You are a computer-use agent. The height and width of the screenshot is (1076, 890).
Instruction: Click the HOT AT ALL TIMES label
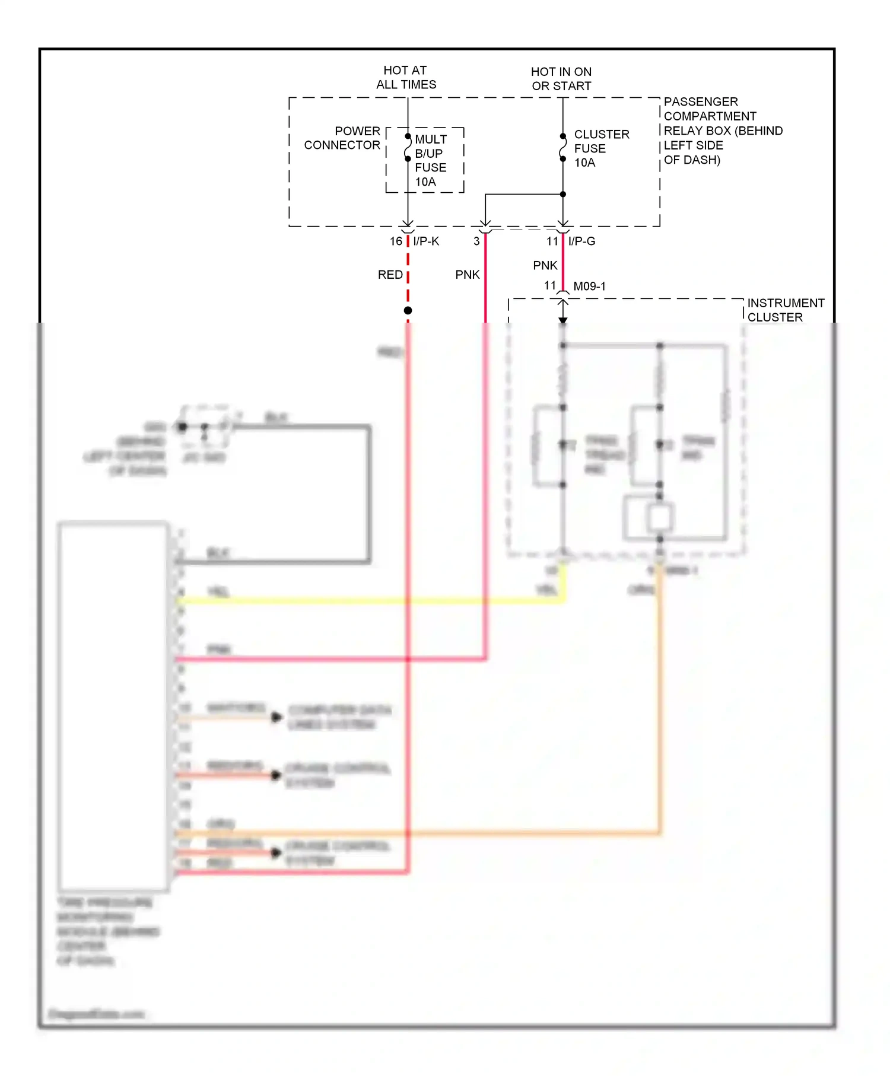(406, 78)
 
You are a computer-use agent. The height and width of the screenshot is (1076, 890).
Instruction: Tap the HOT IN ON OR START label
(561, 79)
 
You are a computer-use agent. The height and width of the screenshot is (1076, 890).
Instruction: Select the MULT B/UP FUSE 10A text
(430, 160)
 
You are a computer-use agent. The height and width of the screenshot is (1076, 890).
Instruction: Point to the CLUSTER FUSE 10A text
(600, 148)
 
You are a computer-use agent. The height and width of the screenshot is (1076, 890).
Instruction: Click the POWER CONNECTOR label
(342, 138)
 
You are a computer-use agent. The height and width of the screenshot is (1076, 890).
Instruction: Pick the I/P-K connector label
(426, 241)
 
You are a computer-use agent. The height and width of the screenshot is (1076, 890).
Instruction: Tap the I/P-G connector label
(581, 241)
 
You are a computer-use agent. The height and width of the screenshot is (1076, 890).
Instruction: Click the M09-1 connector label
(589, 286)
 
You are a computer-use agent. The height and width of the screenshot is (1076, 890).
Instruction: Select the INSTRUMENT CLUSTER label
(785, 310)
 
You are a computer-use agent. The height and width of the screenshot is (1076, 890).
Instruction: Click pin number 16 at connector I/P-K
(396, 241)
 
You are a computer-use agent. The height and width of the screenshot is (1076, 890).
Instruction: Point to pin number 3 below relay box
(476, 241)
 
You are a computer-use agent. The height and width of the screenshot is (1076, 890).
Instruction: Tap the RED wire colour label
(390, 275)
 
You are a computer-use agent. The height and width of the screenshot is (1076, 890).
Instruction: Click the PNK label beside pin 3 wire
(467, 275)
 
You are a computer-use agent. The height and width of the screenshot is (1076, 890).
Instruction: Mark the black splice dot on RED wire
(408, 311)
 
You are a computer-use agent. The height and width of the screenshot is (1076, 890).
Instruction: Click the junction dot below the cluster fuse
(563, 194)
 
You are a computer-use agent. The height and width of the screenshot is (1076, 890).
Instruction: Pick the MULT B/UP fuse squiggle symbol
(408, 148)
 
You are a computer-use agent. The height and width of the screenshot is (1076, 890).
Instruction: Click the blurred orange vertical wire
(659, 712)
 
